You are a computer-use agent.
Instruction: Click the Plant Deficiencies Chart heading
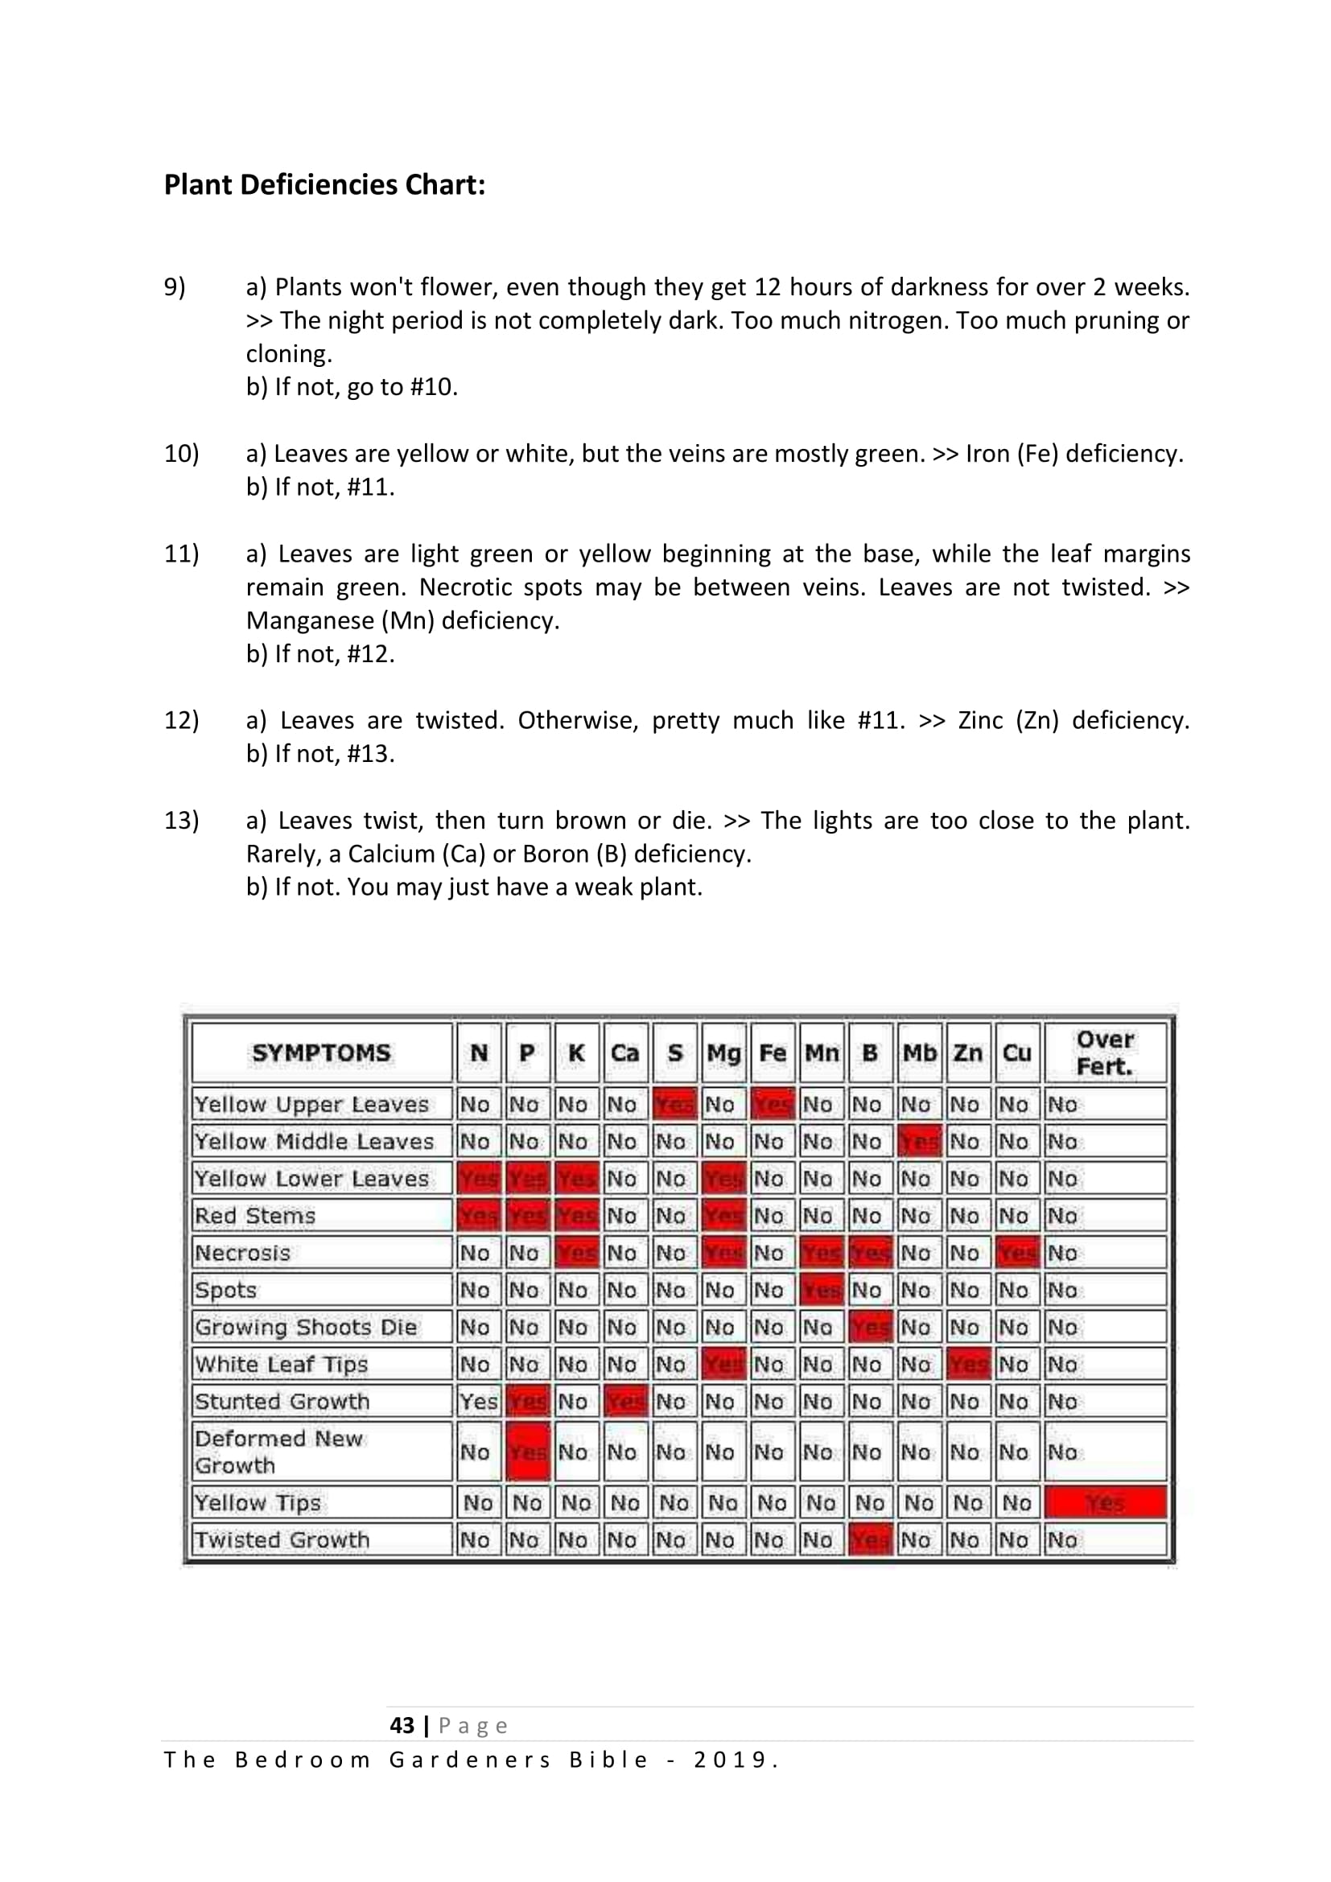(x=324, y=185)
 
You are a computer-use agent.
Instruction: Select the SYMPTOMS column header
(x=321, y=1053)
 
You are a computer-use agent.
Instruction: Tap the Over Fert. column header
(x=1105, y=1053)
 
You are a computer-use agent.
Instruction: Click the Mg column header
(x=723, y=1053)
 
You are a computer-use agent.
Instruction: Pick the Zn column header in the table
(x=968, y=1053)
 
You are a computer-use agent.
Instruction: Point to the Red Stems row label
(x=255, y=1216)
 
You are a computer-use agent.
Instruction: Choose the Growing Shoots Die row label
(x=306, y=1327)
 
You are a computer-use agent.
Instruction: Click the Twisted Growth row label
(x=282, y=1540)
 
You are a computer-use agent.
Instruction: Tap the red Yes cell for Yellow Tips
(x=1105, y=1503)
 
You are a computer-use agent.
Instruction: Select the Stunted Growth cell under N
(x=479, y=1402)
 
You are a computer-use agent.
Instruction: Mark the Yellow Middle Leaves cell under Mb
(x=919, y=1142)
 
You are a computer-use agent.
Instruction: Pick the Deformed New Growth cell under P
(x=527, y=1452)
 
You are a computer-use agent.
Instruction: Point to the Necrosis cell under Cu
(x=1017, y=1254)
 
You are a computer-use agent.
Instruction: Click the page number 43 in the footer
(x=402, y=1725)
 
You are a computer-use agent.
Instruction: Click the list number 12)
(x=181, y=720)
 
